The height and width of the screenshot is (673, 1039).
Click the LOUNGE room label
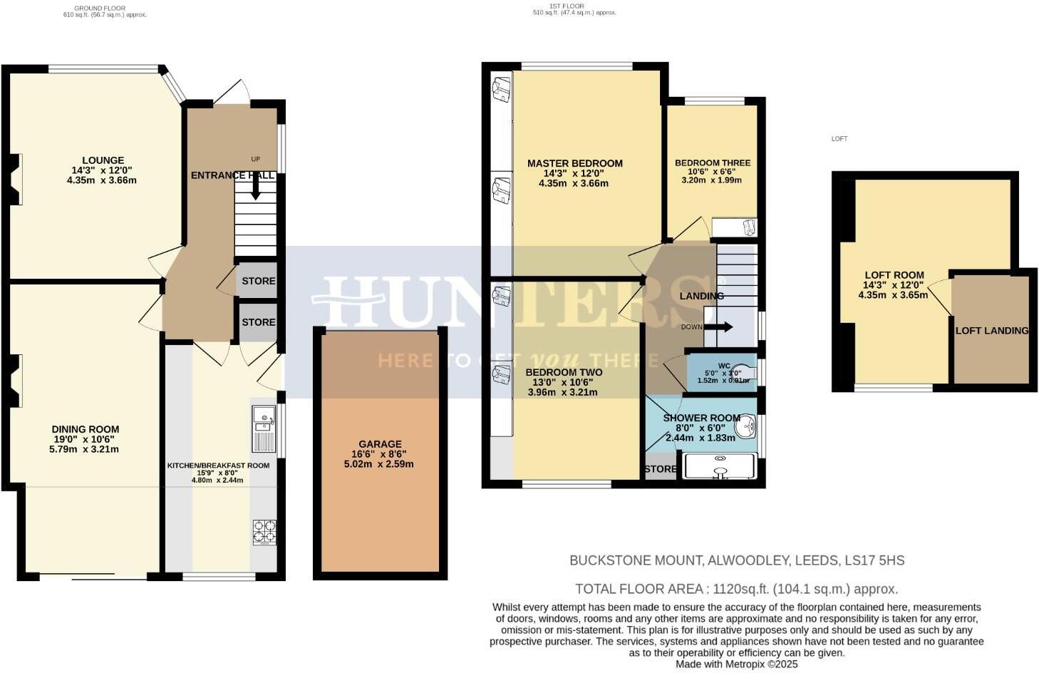pyautogui.click(x=103, y=160)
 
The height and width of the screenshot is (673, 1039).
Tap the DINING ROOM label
pyautogui.click(x=85, y=429)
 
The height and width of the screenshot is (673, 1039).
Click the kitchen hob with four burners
pyautogui.click(x=264, y=531)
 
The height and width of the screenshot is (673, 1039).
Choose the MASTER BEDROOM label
pyautogui.click(x=574, y=163)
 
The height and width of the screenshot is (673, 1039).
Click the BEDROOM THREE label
pyautogui.click(x=713, y=163)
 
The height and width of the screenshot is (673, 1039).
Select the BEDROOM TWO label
pyautogui.click(x=564, y=372)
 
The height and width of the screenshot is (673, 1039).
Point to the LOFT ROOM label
pyautogui.click(x=894, y=275)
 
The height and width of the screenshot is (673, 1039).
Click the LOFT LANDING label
pyautogui.click(x=992, y=331)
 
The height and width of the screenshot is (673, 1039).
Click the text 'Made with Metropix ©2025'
pyautogui.click(x=737, y=664)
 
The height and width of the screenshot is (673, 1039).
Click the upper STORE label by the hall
pyautogui.click(x=258, y=282)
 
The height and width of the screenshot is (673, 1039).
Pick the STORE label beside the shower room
pyautogui.click(x=660, y=469)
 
